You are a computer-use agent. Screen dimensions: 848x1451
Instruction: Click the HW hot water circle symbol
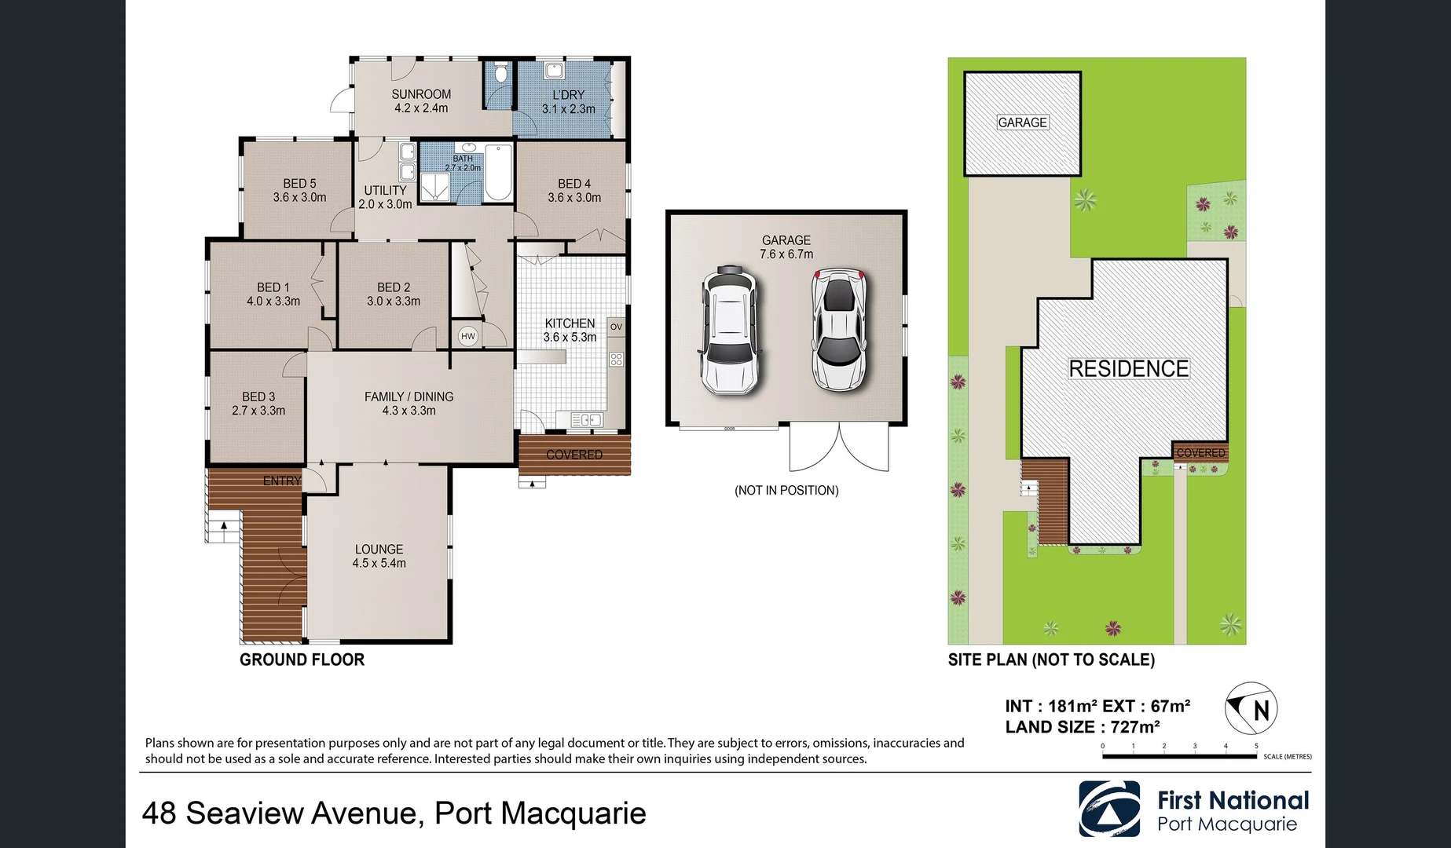468,336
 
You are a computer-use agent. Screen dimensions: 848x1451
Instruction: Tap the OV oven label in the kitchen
616,327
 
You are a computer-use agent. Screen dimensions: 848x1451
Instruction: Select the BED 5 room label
299,190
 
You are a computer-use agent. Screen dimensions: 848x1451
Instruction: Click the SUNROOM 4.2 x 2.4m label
421,101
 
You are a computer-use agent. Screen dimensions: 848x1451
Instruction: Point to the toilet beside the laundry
501,75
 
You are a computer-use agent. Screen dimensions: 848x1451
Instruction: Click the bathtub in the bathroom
498,173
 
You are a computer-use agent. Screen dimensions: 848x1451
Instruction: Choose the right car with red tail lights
839,330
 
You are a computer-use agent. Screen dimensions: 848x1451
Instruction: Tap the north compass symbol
1251,708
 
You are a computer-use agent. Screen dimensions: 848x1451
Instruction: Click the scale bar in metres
1178,756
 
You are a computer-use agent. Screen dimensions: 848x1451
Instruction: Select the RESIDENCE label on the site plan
1128,368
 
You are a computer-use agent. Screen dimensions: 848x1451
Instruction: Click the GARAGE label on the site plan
1022,122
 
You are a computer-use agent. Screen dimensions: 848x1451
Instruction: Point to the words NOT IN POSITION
786,490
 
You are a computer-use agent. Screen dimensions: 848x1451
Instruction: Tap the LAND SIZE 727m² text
1082,727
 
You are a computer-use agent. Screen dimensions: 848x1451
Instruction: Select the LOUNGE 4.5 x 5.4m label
379,556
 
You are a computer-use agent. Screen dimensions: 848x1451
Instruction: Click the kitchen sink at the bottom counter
586,420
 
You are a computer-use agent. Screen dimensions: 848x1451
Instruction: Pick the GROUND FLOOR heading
302,660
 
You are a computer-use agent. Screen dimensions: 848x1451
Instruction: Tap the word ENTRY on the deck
281,481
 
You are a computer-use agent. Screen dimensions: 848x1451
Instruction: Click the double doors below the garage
839,448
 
